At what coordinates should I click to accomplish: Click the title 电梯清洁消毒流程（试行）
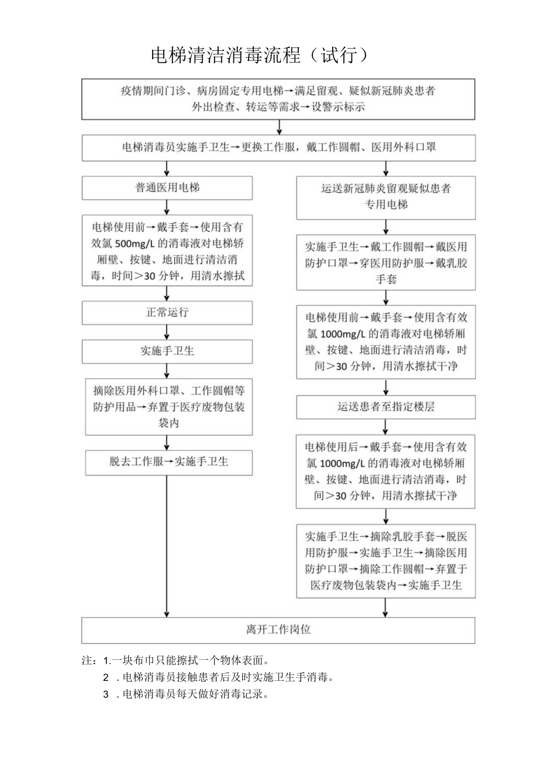coord(260,56)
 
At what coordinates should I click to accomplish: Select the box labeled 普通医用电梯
coord(167,188)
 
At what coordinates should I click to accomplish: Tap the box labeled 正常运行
coord(167,312)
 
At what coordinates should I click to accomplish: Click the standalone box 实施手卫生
coord(167,352)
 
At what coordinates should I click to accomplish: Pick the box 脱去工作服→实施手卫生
coord(168,462)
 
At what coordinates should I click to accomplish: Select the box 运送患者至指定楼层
coord(385,407)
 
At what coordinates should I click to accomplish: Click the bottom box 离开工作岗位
coord(278,630)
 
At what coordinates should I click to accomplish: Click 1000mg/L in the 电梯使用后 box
coord(343,463)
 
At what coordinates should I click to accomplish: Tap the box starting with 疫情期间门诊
coord(278,99)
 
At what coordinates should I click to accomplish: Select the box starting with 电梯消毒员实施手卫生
coord(278,148)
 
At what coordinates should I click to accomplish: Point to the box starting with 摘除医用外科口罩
coord(168,407)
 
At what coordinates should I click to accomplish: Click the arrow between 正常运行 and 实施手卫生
coord(167,332)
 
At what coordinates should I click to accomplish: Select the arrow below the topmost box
coord(280,127)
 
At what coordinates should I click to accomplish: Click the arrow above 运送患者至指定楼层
coord(386,387)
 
